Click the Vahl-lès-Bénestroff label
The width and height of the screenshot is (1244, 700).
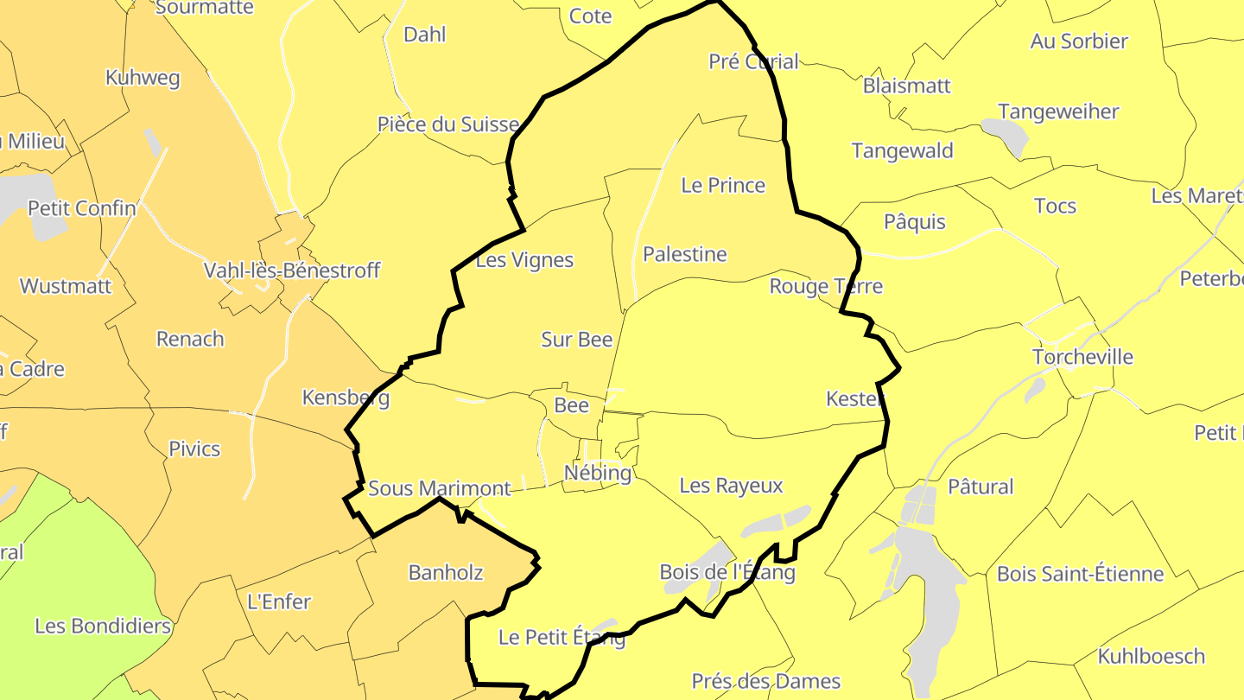(291, 270)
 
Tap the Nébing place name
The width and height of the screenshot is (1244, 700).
(597, 473)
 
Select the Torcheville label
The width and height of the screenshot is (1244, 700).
(1082, 357)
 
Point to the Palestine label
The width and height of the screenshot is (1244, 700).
(684, 254)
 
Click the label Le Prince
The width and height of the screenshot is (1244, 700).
(723, 185)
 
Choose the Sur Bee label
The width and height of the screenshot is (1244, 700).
(576, 340)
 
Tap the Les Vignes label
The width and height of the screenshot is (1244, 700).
(524, 260)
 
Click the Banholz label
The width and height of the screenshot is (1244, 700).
(445, 572)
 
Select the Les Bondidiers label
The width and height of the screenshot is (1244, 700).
(103, 626)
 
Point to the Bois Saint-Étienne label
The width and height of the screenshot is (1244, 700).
(1080, 574)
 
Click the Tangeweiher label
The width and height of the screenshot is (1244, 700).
(1058, 111)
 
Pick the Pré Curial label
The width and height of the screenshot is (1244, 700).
(753, 61)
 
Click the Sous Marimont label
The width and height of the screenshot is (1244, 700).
(440, 488)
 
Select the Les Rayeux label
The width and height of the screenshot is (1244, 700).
(731, 486)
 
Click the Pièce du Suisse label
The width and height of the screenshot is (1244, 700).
(448, 124)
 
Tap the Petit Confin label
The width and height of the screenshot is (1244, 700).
(82, 208)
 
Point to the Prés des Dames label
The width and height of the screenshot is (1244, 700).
(765, 681)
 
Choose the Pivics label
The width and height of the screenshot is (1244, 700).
(194, 449)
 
